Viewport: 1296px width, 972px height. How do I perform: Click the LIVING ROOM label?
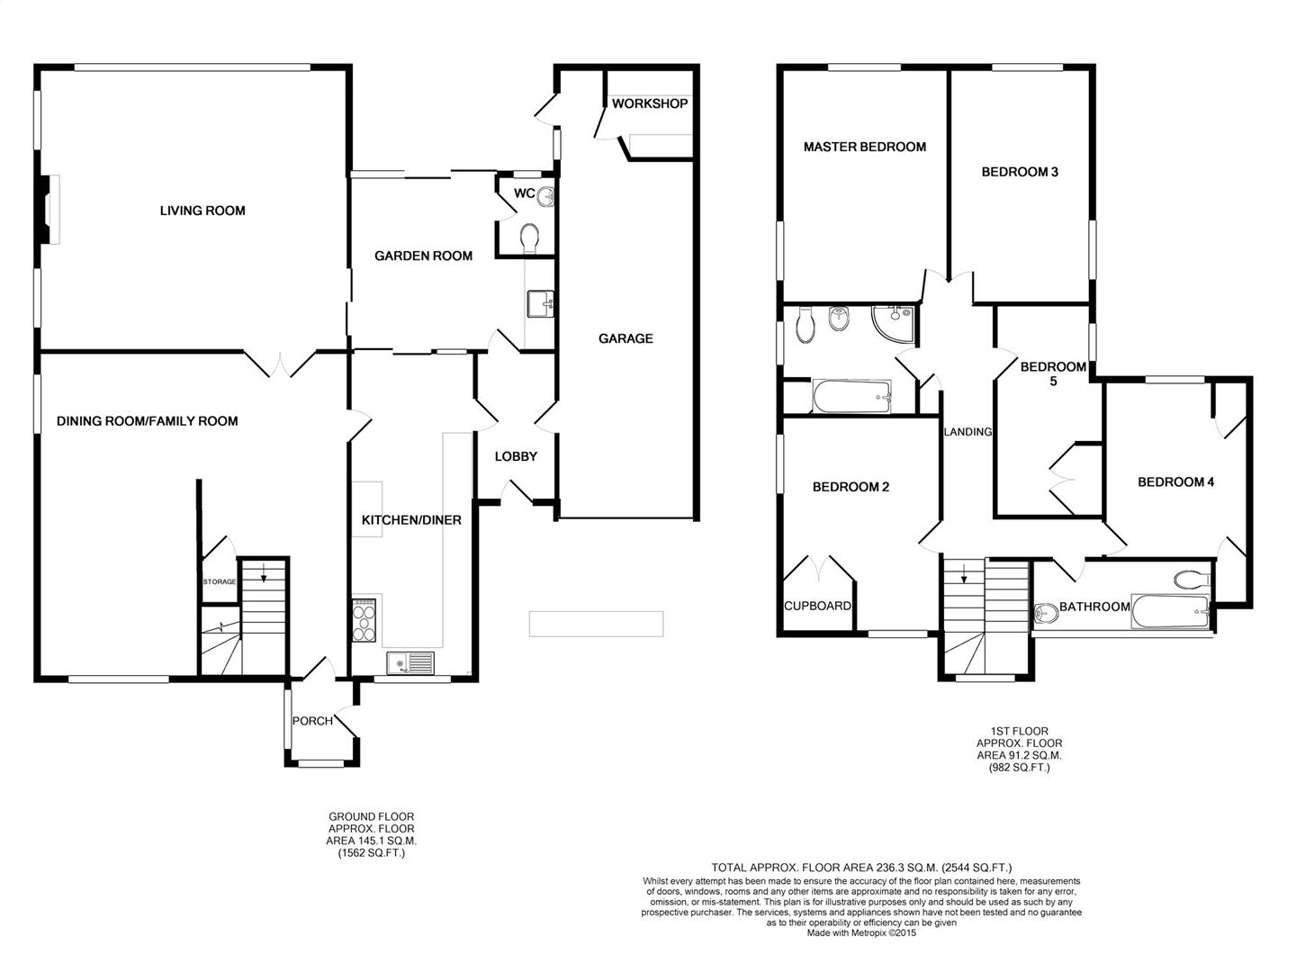pyautogui.click(x=202, y=211)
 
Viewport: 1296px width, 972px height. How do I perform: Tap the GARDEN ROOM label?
pyautogui.click(x=423, y=256)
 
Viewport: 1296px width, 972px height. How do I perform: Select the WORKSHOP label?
pyautogui.click(x=650, y=103)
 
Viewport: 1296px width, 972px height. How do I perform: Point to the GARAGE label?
pyautogui.click(x=625, y=338)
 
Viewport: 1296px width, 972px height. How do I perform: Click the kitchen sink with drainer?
pyautogui.click(x=410, y=663)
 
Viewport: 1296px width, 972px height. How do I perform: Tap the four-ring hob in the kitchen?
pyautogui.click(x=364, y=620)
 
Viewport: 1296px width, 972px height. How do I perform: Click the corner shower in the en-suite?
pyautogui.click(x=894, y=325)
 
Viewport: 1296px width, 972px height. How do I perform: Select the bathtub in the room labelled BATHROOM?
pyautogui.click(x=1170, y=612)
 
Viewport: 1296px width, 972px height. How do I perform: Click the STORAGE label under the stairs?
pyautogui.click(x=220, y=582)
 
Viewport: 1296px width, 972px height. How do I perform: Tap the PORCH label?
pyautogui.click(x=313, y=721)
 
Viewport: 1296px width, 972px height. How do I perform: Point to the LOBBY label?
pyautogui.click(x=516, y=457)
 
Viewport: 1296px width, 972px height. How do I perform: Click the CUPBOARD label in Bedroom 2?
pyautogui.click(x=818, y=606)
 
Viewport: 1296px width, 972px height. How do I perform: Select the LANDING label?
pyautogui.click(x=967, y=432)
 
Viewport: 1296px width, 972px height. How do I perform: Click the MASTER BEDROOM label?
pyautogui.click(x=865, y=147)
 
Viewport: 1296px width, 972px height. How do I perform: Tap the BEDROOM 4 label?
pyautogui.click(x=1176, y=482)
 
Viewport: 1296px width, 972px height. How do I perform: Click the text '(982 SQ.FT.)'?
pyautogui.click(x=1020, y=768)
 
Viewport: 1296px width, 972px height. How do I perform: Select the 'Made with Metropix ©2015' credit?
pyautogui.click(x=861, y=933)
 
